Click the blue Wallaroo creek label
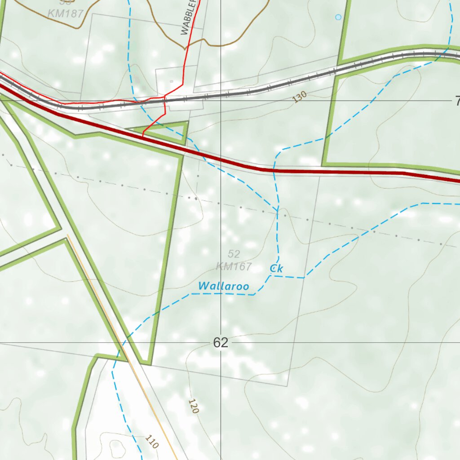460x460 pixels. [x=224, y=286]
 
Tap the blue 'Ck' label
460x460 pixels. [x=276, y=269]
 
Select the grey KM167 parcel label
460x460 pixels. [x=234, y=266]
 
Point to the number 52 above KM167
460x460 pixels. [x=234, y=254]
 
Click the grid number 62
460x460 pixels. [x=221, y=343]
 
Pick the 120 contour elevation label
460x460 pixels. [x=194, y=406]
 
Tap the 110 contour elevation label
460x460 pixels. [x=152, y=442]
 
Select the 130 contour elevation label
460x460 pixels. [x=299, y=97]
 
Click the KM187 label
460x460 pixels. [x=66, y=13]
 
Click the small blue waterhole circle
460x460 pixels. [x=338, y=17]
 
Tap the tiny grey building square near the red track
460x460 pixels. [x=171, y=81]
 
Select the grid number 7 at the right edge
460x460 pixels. [x=457, y=102]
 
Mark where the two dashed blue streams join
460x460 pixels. [x=277, y=211]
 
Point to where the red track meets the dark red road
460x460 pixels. [x=143, y=135]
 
